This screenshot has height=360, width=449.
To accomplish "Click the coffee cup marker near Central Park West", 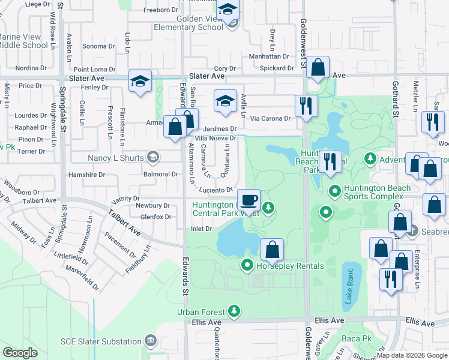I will coord(249,199).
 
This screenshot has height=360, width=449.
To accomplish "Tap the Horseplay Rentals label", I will coord(290,266).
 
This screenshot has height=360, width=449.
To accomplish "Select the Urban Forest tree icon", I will coord(234,311).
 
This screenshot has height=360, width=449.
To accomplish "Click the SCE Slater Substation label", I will coord(100,342).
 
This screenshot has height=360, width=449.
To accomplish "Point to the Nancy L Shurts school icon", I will coord(153,158).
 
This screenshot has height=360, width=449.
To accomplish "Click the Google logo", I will coord(20,352).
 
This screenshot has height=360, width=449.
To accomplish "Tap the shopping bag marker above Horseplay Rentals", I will coord(272,248).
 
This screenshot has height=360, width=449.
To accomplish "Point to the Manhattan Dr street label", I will coord(270,57).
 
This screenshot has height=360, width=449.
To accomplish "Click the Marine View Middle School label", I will coord(24,41).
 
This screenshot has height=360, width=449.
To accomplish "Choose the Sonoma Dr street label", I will coord(98,46).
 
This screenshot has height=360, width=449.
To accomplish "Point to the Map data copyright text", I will coord(411,355).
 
